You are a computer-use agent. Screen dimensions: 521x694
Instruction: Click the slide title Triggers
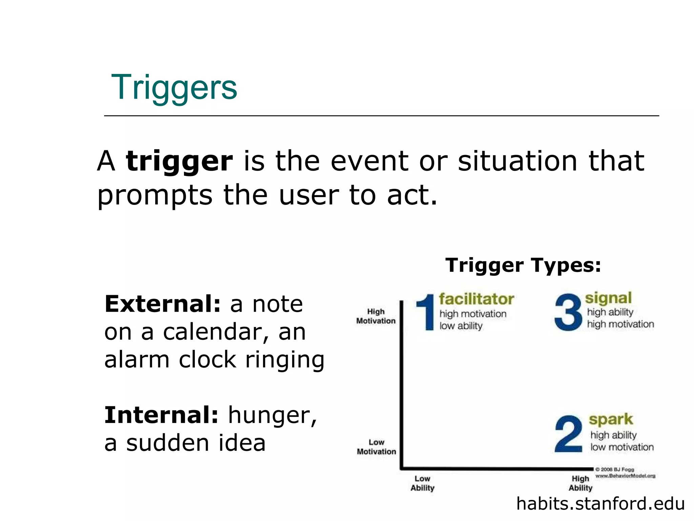tap(174, 88)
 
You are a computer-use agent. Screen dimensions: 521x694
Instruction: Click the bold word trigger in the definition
tap(179, 161)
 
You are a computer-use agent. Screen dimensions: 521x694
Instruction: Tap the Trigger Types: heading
tap(523, 265)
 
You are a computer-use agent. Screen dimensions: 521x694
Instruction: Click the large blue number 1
tap(426, 312)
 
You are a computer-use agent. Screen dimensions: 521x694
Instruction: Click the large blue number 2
tap(568, 434)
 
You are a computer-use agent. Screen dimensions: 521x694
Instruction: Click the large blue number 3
tap(568, 312)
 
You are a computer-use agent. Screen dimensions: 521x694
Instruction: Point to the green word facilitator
tap(476, 299)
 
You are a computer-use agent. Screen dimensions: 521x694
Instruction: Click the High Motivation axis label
tap(376, 316)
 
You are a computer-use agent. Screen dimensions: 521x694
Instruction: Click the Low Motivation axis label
tap(376, 447)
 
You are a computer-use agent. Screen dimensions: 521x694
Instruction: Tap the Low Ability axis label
tap(422, 483)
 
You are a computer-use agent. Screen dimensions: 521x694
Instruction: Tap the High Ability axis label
tap(580, 483)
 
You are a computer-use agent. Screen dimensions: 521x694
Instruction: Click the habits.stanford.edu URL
tap(600, 503)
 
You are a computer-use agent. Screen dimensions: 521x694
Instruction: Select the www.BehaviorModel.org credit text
tap(625, 476)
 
